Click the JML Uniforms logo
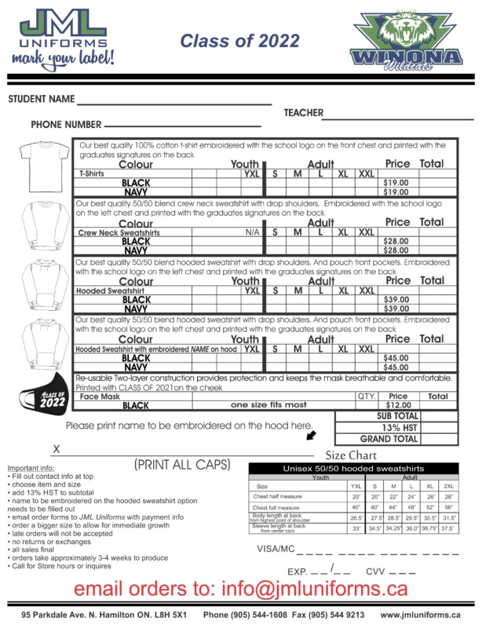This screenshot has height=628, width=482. (x=62, y=38)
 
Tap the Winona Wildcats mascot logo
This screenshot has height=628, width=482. (x=406, y=38)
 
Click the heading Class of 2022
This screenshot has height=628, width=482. (x=239, y=41)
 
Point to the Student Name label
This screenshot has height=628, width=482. (x=41, y=100)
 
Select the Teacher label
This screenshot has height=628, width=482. (x=303, y=113)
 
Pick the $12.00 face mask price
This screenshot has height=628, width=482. (x=398, y=405)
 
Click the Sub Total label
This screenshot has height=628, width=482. (x=396, y=416)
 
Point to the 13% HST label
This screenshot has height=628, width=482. (x=396, y=428)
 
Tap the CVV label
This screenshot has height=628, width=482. (x=375, y=571)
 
